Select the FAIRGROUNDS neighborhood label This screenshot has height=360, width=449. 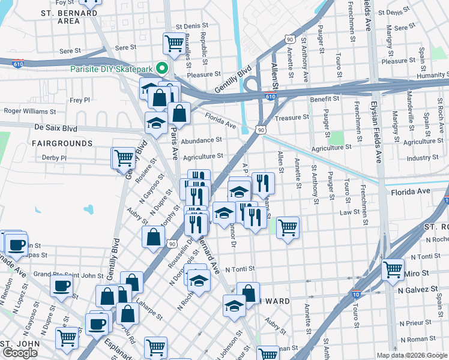pos(62,143)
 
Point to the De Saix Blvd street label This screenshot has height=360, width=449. pos(56,128)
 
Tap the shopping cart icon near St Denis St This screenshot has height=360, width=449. pos(173,43)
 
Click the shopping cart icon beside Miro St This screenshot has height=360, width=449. pos(393,269)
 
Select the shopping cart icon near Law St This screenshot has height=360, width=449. pos(288,227)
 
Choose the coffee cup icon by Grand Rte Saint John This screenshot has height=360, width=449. pos(62,286)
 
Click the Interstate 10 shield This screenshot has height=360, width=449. pos(357,294)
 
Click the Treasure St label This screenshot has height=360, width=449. pos(292,118)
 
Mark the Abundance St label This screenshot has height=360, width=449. pos(202,140)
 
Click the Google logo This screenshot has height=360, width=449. pos(20,353)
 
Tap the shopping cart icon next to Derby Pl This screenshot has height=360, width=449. pos(124,158)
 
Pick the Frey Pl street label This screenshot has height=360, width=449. pos(80,100)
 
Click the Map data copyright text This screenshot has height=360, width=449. pos(412,355)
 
